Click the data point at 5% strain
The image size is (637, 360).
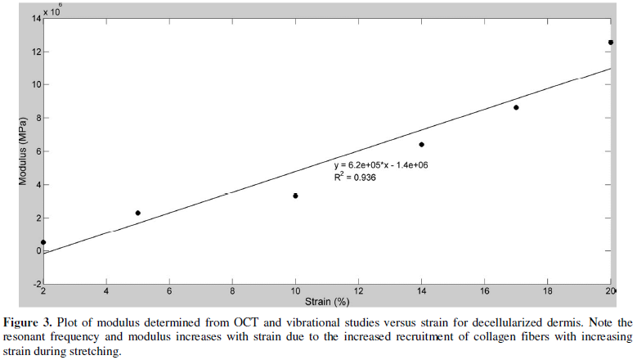point(138,213)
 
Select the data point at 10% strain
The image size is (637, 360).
point(295,196)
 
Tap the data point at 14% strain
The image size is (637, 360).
point(421,145)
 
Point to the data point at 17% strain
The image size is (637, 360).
point(516,107)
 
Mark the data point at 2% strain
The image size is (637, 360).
point(43,242)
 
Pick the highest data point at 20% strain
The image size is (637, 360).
point(610,43)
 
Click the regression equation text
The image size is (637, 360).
point(388,165)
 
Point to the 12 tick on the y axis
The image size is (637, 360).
point(35,52)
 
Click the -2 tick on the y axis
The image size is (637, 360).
point(35,284)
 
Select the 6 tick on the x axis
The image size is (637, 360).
point(169,291)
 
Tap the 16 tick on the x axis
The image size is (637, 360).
point(484,291)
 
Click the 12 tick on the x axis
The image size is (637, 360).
point(358,291)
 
